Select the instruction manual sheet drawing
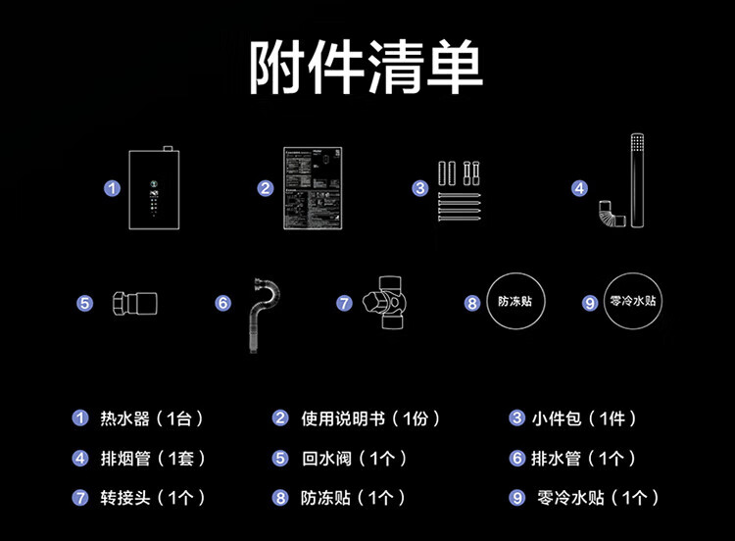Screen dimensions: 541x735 click(314, 188)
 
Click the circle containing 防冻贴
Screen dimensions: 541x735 click(515, 301)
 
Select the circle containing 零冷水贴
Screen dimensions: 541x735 click(634, 301)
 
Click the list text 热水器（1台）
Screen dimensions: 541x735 click(152, 419)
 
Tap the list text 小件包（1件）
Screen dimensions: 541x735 click(585, 419)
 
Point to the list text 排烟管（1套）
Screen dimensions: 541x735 click(153, 459)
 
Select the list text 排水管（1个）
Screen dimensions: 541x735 click(584, 459)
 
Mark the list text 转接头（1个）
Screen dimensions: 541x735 click(153, 498)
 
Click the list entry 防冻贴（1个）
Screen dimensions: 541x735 click(353, 498)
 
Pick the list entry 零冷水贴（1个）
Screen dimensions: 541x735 click(597, 498)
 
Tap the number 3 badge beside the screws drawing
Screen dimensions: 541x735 click(420, 188)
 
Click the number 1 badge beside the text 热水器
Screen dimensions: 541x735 click(81, 419)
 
